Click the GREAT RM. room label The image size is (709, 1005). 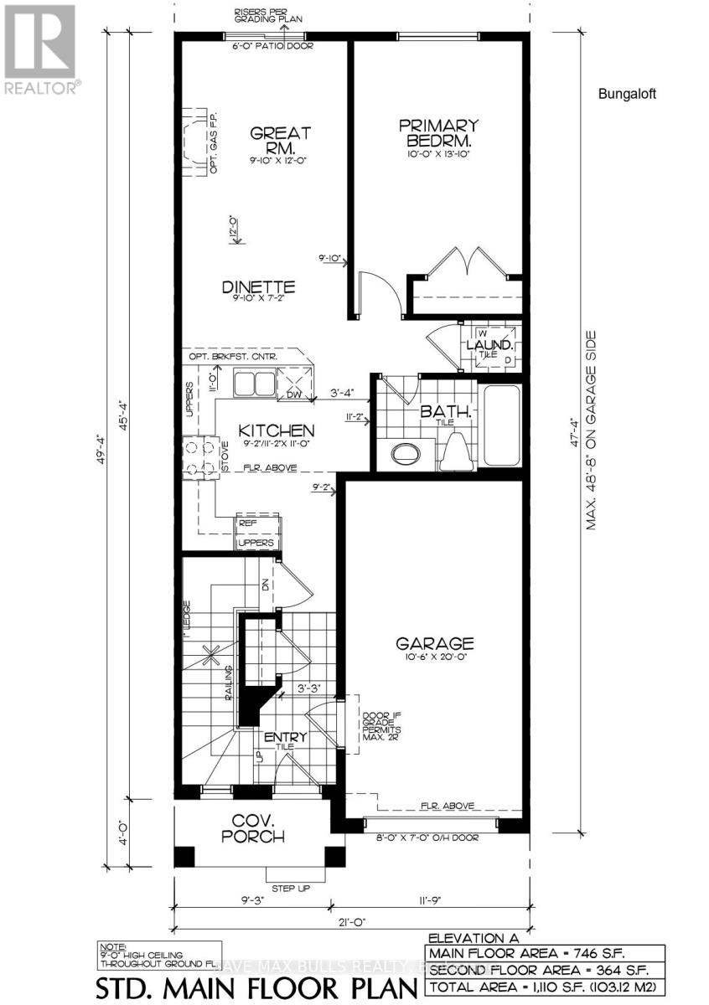click(x=269, y=141)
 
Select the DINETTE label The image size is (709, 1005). click(x=258, y=286)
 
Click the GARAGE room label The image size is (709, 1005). click(x=435, y=643)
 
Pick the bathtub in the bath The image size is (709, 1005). click(x=501, y=427)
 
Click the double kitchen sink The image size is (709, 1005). click(x=256, y=384)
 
